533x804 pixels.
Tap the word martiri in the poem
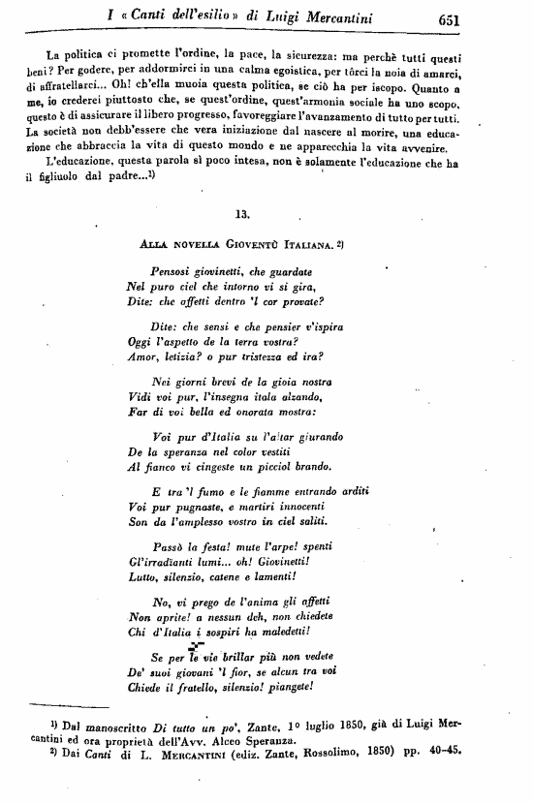point(252,507)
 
